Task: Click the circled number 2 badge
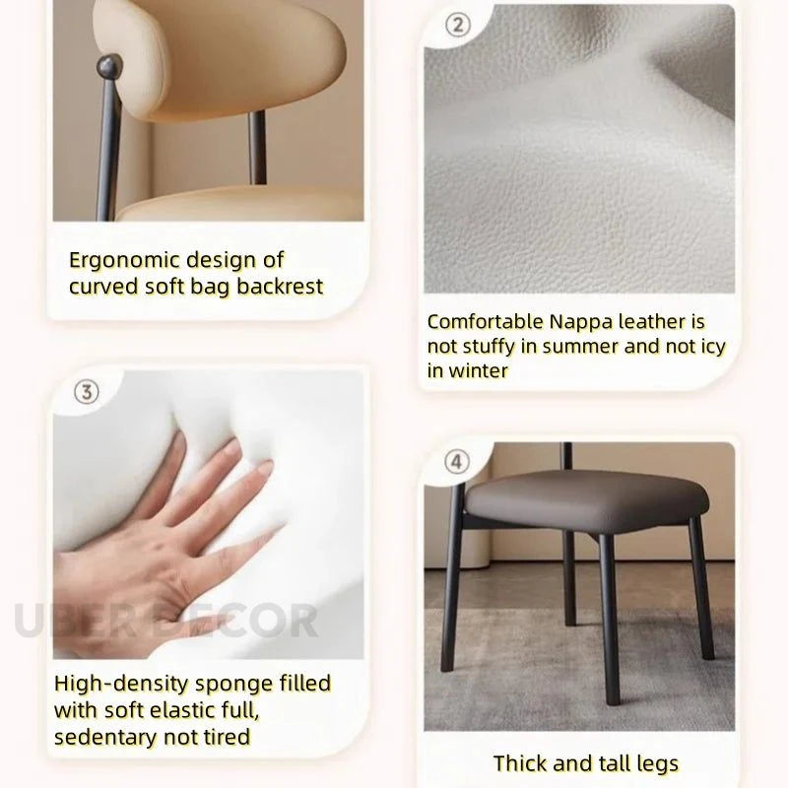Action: (458, 25)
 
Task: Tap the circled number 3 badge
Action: (87, 392)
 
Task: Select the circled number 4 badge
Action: (457, 461)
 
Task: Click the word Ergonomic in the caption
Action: (124, 261)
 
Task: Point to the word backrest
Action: (280, 287)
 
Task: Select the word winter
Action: (478, 371)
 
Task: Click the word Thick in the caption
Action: (519, 762)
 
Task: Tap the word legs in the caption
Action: (657, 764)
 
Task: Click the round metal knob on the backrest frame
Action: (109, 66)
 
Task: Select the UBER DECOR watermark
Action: (165, 621)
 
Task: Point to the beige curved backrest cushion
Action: (221, 55)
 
